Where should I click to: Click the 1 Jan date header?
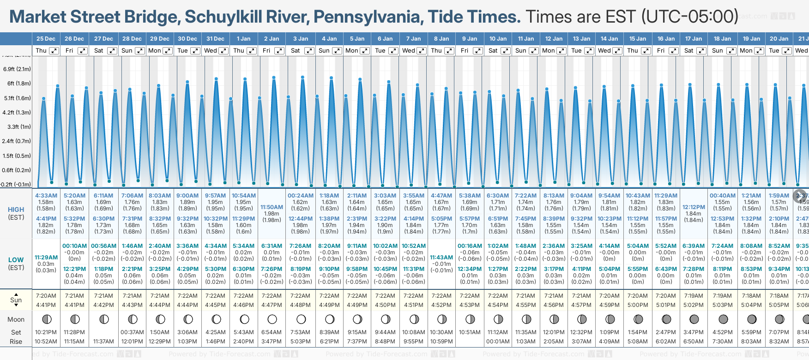coord(243,39)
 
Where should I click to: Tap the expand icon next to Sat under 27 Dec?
coord(112,51)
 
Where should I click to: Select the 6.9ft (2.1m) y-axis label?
coord(17,69)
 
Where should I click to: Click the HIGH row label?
coord(16,210)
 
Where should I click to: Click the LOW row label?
coord(16,260)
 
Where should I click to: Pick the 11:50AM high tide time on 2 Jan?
coord(272,207)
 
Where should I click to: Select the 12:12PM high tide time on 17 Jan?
coord(694,207)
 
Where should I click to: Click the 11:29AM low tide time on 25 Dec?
coord(46,258)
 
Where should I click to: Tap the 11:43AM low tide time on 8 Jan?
coord(441,258)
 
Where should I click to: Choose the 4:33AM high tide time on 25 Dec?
coord(46,196)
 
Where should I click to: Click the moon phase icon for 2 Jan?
coord(272,319)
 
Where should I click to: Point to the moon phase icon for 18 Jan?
coord(723,319)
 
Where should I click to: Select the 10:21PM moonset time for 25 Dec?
coord(46,332)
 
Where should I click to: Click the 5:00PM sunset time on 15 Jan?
coord(638,305)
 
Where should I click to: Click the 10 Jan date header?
coord(498,39)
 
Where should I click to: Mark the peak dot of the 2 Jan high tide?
coord(274,78)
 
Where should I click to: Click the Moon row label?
coord(16,319)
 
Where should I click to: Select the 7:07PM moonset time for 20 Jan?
coord(779,332)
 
